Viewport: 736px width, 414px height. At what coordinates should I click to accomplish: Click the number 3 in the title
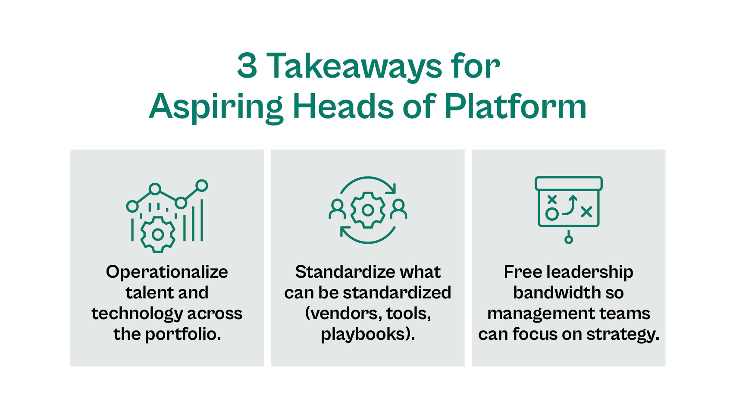click(x=247, y=66)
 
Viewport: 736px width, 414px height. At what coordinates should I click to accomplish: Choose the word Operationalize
click(x=167, y=272)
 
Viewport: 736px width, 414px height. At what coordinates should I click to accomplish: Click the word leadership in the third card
click(x=589, y=272)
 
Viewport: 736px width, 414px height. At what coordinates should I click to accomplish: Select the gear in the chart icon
click(x=158, y=234)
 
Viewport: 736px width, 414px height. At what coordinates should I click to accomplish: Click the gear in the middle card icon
click(x=368, y=210)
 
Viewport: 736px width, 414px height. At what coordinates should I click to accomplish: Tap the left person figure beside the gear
click(x=337, y=209)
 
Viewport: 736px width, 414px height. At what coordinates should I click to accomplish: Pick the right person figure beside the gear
click(x=398, y=209)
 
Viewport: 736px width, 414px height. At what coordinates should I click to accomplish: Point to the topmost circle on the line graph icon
click(x=201, y=186)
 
